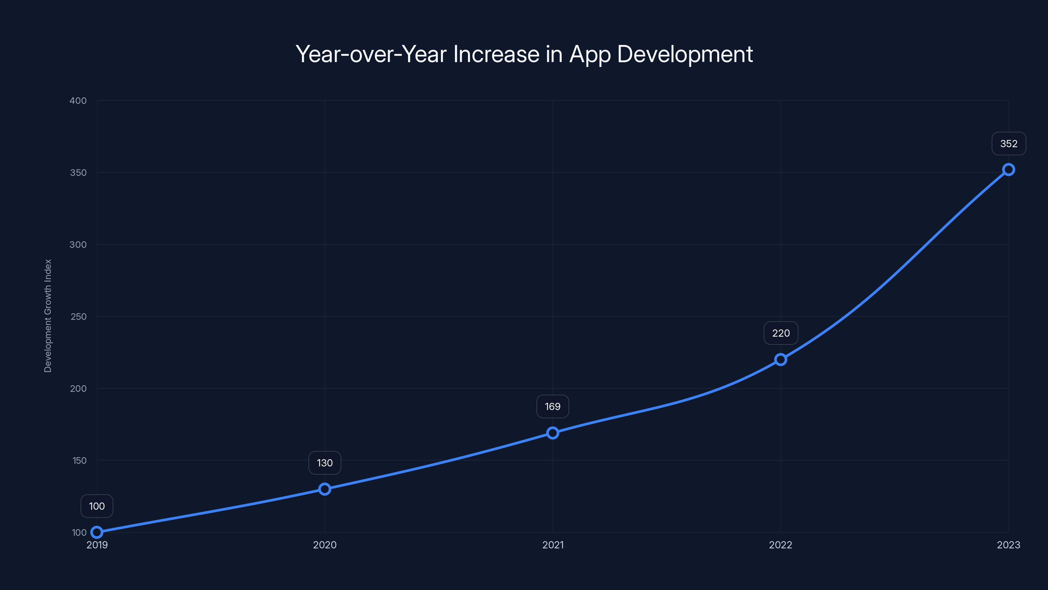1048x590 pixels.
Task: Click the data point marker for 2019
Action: click(x=97, y=532)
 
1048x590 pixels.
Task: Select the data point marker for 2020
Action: click(x=325, y=489)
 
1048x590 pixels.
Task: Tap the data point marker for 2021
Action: click(x=552, y=433)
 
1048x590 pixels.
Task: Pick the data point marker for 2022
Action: click(x=781, y=360)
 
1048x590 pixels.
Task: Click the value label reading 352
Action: click(x=1009, y=144)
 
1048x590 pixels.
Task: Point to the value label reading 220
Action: click(x=781, y=333)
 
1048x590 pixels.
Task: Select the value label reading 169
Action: click(x=552, y=406)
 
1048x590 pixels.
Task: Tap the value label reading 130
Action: click(x=325, y=463)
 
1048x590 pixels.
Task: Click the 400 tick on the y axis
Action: click(x=78, y=101)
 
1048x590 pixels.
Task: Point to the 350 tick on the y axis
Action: click(x=78, y=173)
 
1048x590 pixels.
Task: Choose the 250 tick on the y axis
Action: click(x=79, y=316)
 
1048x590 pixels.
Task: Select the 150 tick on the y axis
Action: click(x=79, y=461)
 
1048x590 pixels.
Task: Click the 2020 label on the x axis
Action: click(x=325, y=545)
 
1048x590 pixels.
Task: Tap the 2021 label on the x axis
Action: click(x=553, y=545)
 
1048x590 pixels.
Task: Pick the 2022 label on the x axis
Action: click(x=780, y=545)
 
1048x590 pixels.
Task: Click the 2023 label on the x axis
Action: click(x=1008, y=545)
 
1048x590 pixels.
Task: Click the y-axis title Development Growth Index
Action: click(x=48, y=316)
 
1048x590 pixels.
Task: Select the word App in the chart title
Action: click(x=590, y=54)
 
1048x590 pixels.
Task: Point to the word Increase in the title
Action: click(x=496, y=54)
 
